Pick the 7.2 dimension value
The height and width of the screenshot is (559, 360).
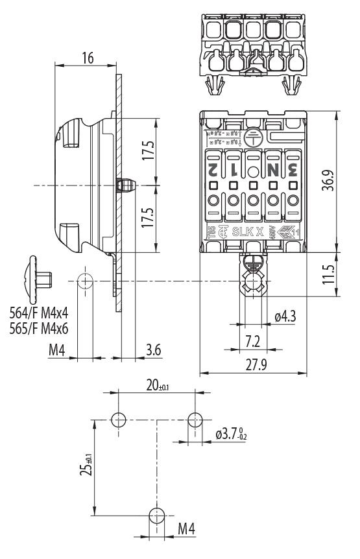[254, 340]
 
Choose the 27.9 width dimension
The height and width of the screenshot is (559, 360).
[254, 365]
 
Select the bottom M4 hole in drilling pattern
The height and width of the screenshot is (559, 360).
[156, 516]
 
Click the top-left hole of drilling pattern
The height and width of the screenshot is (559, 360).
[118, 420]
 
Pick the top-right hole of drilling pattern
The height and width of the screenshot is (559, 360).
[195, 420]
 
